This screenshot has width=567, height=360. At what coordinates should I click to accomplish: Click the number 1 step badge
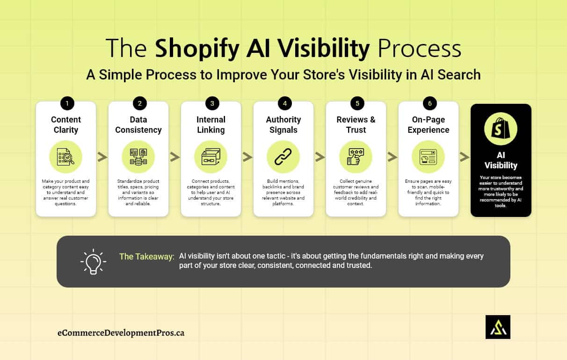[x=66, y=103]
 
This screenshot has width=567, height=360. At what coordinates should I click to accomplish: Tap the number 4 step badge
[x=283, y=103]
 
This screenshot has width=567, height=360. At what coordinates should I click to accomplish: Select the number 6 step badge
[x=429, y=103]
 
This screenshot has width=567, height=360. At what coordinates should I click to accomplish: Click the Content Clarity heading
[x=66, y=125]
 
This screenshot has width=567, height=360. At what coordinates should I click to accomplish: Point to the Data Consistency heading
[x=138, y=125]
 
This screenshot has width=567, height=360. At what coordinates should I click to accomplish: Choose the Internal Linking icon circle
[x=211, y=157]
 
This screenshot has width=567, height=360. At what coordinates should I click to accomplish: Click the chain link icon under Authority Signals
[x=283, y=157]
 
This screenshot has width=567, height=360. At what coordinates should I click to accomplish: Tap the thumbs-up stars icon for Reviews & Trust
[x=356, y=157]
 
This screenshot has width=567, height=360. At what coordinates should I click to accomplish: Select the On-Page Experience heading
[x=429, y=125]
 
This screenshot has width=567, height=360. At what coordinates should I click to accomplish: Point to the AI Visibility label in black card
[x=501, y=160]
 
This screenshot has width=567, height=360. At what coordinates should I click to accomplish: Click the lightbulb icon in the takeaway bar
[x=93, y=261]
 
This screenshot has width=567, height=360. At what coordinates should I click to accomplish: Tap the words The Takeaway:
[x=146, y=256]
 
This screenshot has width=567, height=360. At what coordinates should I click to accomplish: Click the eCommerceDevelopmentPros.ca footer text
[x=121, y=333]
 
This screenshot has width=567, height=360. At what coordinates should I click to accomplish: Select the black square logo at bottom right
[x=498, y=327]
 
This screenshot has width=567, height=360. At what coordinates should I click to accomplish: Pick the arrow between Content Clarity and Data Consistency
[x=102, y=157]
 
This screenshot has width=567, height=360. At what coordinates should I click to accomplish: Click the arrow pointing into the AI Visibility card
[x=465, y=157]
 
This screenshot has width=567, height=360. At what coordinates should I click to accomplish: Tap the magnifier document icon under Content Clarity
[x=66, y=157]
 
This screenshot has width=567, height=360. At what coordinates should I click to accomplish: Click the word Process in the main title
[x=419, y=49]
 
